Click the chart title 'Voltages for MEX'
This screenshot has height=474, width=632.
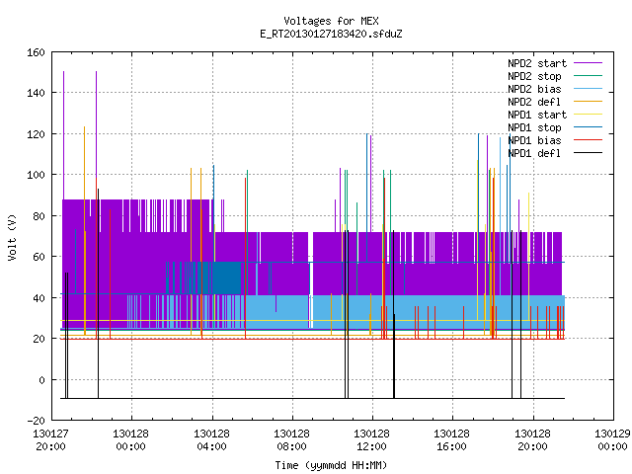[331, 21]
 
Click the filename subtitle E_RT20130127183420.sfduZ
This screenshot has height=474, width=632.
[331, 34]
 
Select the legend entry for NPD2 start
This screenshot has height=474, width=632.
[537, 63]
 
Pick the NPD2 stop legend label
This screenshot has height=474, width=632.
[534, 76]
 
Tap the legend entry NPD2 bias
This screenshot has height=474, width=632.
[534, 89]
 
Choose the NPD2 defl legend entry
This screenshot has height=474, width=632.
[534, 102]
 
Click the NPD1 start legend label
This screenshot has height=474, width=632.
[537, 115]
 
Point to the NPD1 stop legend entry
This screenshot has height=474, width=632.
[534, 127]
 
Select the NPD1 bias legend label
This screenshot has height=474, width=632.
[534, 140]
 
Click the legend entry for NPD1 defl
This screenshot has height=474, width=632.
[534, 154]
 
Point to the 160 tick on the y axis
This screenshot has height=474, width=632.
[36, 52]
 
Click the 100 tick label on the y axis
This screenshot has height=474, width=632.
[36, 175]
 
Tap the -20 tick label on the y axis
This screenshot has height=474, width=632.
[36, 421]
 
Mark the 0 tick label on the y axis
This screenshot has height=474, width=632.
[41, 379]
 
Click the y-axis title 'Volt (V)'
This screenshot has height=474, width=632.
[12, 237]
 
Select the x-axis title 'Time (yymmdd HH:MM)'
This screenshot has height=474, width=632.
[331, 465]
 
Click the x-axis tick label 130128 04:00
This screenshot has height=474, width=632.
[211, 440]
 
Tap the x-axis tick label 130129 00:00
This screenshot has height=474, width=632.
[612, 440]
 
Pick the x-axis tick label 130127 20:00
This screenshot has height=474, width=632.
[50, 440]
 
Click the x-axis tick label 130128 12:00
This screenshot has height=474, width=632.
[371, 440]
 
